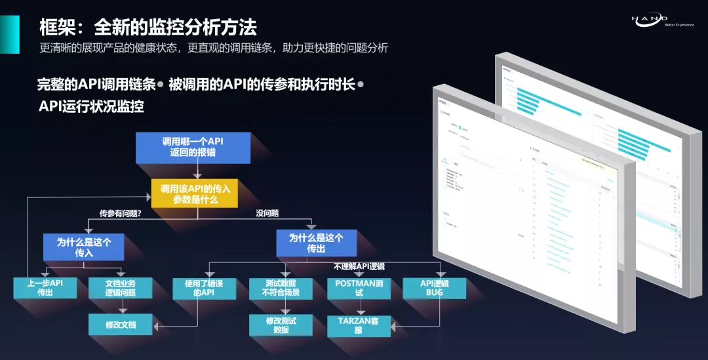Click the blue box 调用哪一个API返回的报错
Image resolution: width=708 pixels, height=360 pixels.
pyautogui.click(x=193, y=148)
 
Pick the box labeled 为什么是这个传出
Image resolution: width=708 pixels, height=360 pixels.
pyautogui.click(x=317, y=243)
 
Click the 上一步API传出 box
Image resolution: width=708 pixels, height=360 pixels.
pyautogui.click(x=45, y=288)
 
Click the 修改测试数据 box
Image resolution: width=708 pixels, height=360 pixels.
pyautogui.click(x=281, y=325)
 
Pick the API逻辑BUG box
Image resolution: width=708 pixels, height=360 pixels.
pyautogui.click(x=434, y=288)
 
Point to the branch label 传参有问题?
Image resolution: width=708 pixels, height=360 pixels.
pyautogui.click(x=121, y=214)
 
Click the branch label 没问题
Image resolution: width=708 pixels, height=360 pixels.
pyautogui.click(x=267, y=213)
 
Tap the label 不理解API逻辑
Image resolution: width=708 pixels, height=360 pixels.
pyautogui.click(x=359, y=267)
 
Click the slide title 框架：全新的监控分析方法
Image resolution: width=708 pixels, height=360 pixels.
pyautogui.click(x=148, y=28)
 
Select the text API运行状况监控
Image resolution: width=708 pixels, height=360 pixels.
pyautogui.click(x=91, y=106)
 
